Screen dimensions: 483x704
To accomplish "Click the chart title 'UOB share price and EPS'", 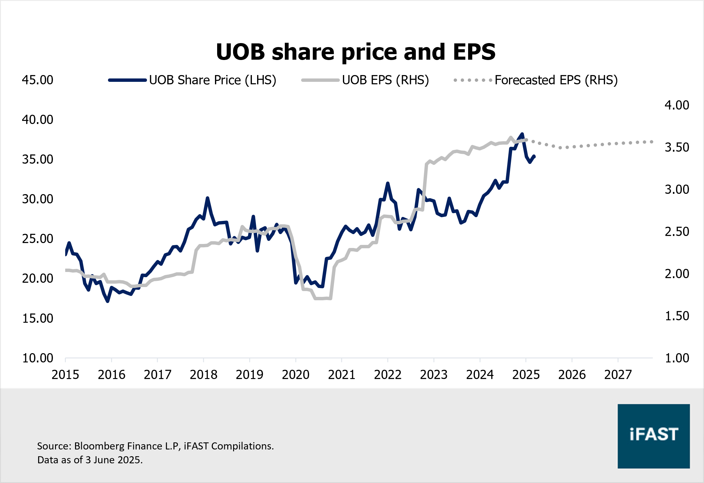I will [x=356, y=52].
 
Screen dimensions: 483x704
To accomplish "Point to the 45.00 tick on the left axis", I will [x=38, y=80].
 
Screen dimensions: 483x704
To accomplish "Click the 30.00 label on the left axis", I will [x=38, y=199].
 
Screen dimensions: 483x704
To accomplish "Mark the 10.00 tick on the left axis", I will [x=38, y=358].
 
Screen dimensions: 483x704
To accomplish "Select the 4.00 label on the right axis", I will [x=677, y=105].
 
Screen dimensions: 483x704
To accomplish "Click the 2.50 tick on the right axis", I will [x=677, y=232].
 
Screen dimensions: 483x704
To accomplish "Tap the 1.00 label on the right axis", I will [x=677, y=358].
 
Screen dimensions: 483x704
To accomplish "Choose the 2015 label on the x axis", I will [x=65, y=375].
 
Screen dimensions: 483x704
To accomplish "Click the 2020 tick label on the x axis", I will [x=296, y=375].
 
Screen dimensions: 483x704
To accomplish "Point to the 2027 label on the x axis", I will [x=618, y=375].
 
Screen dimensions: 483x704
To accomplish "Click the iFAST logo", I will [x=654, y=436].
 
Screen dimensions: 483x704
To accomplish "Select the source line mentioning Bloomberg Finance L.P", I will [x=155, y=446].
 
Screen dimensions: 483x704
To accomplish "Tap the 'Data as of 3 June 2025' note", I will [x=90, y=460].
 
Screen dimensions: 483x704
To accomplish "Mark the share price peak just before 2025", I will [x=522, y=134].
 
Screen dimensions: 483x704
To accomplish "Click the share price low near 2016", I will [x=108, y=301].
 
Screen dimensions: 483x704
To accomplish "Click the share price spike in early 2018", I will [x=208, y=198].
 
